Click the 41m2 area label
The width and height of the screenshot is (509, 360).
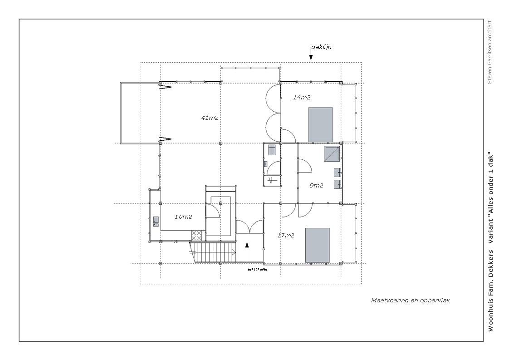coord(210,118)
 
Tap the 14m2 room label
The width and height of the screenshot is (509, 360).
coord(302,97)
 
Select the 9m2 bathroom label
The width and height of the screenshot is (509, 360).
coord(316,186)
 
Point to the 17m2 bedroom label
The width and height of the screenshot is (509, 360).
coord(286,236)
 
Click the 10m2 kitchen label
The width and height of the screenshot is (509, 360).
coord(183,217)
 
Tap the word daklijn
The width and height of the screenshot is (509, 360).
coord(321,47)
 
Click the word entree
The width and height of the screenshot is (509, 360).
coord(257,269)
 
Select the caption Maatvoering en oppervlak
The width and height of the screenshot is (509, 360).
coord(410,300)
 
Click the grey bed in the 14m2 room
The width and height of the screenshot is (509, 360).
coord(321,125)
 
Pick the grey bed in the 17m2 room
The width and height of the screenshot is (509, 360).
coord(318,245)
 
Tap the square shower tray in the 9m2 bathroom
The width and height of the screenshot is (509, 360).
coord(332,154)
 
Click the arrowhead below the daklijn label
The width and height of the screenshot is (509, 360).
coord(311,58)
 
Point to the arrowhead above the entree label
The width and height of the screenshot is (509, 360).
coord(247,245)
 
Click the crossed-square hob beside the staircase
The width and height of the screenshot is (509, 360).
coord(196,236)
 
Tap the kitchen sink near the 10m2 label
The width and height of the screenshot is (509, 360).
coord(156,221)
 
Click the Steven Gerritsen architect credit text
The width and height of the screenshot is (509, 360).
coord(489,52)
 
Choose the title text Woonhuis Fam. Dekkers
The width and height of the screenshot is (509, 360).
coord(490,291)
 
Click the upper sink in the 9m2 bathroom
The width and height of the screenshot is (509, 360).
coord(337,172)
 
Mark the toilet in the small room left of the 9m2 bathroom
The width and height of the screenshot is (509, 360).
coord(272,150)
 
